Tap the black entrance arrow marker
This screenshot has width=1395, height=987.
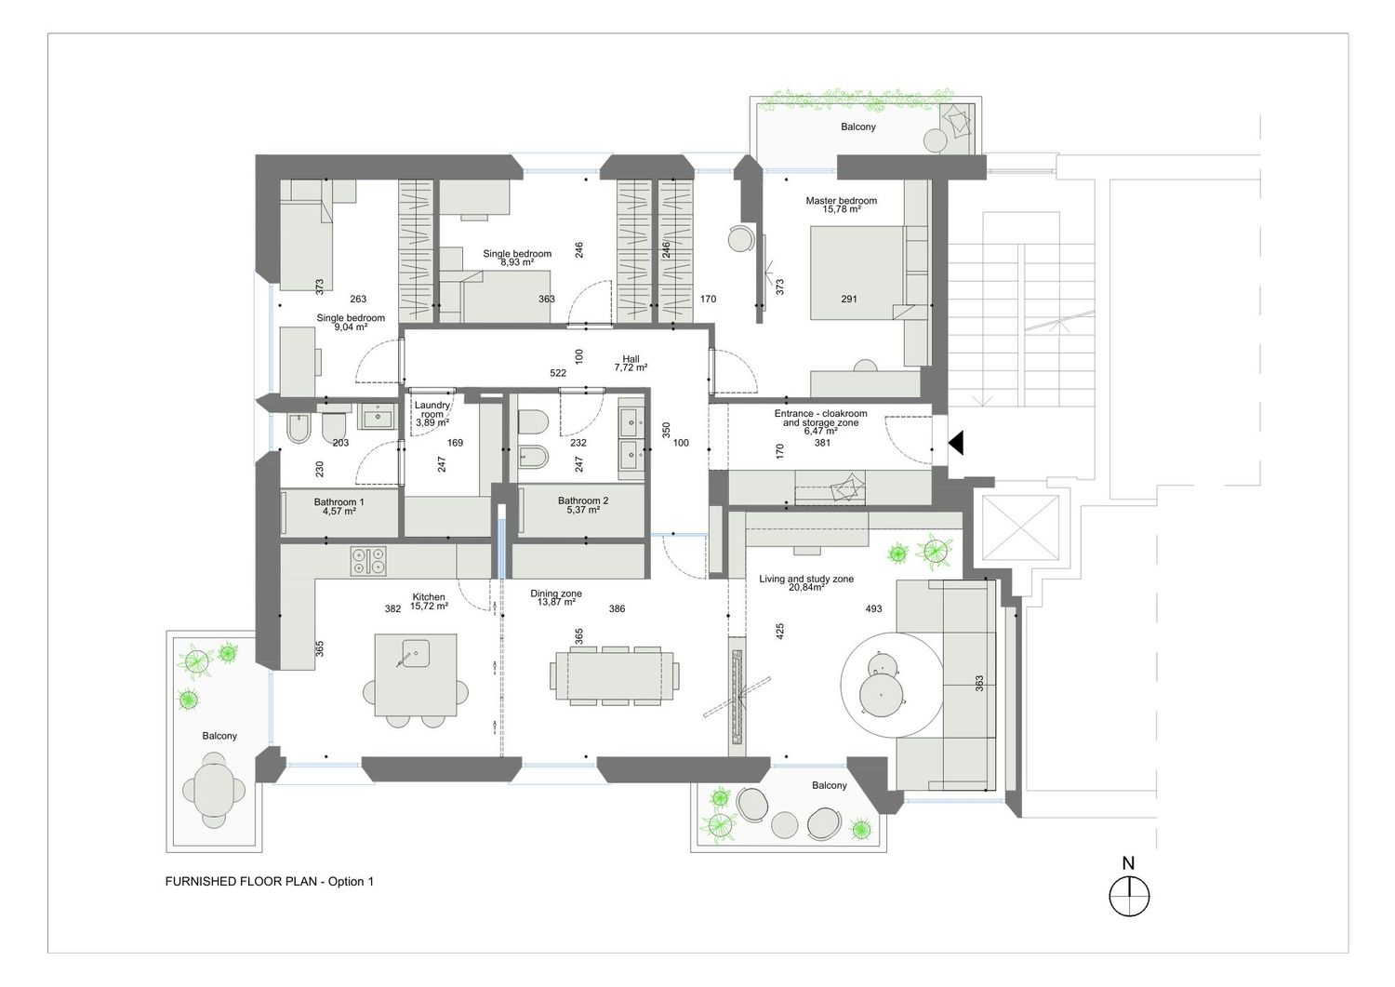coord(956,443)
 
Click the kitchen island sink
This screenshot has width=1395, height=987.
coord(416,653)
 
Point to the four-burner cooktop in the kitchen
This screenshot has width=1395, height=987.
coord(367,560)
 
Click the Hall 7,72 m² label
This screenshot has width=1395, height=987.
coord(631,364)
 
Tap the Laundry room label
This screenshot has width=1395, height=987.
coord(432,414)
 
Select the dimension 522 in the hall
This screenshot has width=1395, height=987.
coord(558,373)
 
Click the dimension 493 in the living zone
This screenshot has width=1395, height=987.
coord(873,608)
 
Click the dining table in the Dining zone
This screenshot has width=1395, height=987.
coord(615,675)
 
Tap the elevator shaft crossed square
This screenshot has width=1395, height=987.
coord(1019,528)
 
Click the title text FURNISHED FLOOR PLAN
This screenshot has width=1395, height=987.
coord(241,881)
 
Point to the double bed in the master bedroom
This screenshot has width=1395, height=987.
coord(857,273)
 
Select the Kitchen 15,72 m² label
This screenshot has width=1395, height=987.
coord(429,601)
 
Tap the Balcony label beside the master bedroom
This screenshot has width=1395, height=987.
coord(858,127)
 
